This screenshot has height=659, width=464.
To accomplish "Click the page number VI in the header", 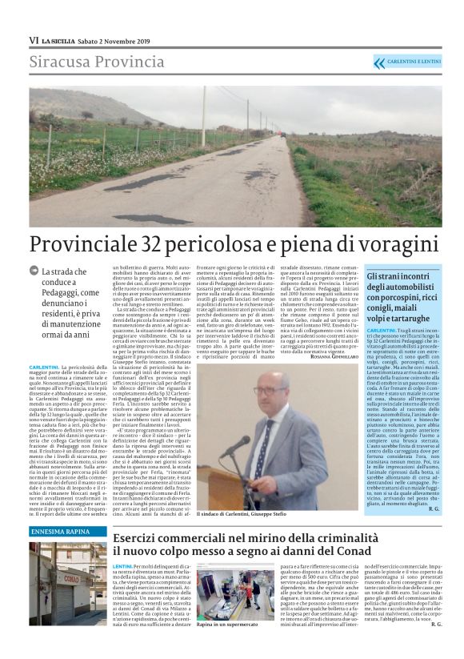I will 34,40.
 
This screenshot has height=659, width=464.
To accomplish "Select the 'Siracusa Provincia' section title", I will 86,62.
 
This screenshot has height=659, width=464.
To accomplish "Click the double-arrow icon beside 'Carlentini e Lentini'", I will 379,62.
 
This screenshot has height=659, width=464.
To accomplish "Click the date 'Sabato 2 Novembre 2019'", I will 118,40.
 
